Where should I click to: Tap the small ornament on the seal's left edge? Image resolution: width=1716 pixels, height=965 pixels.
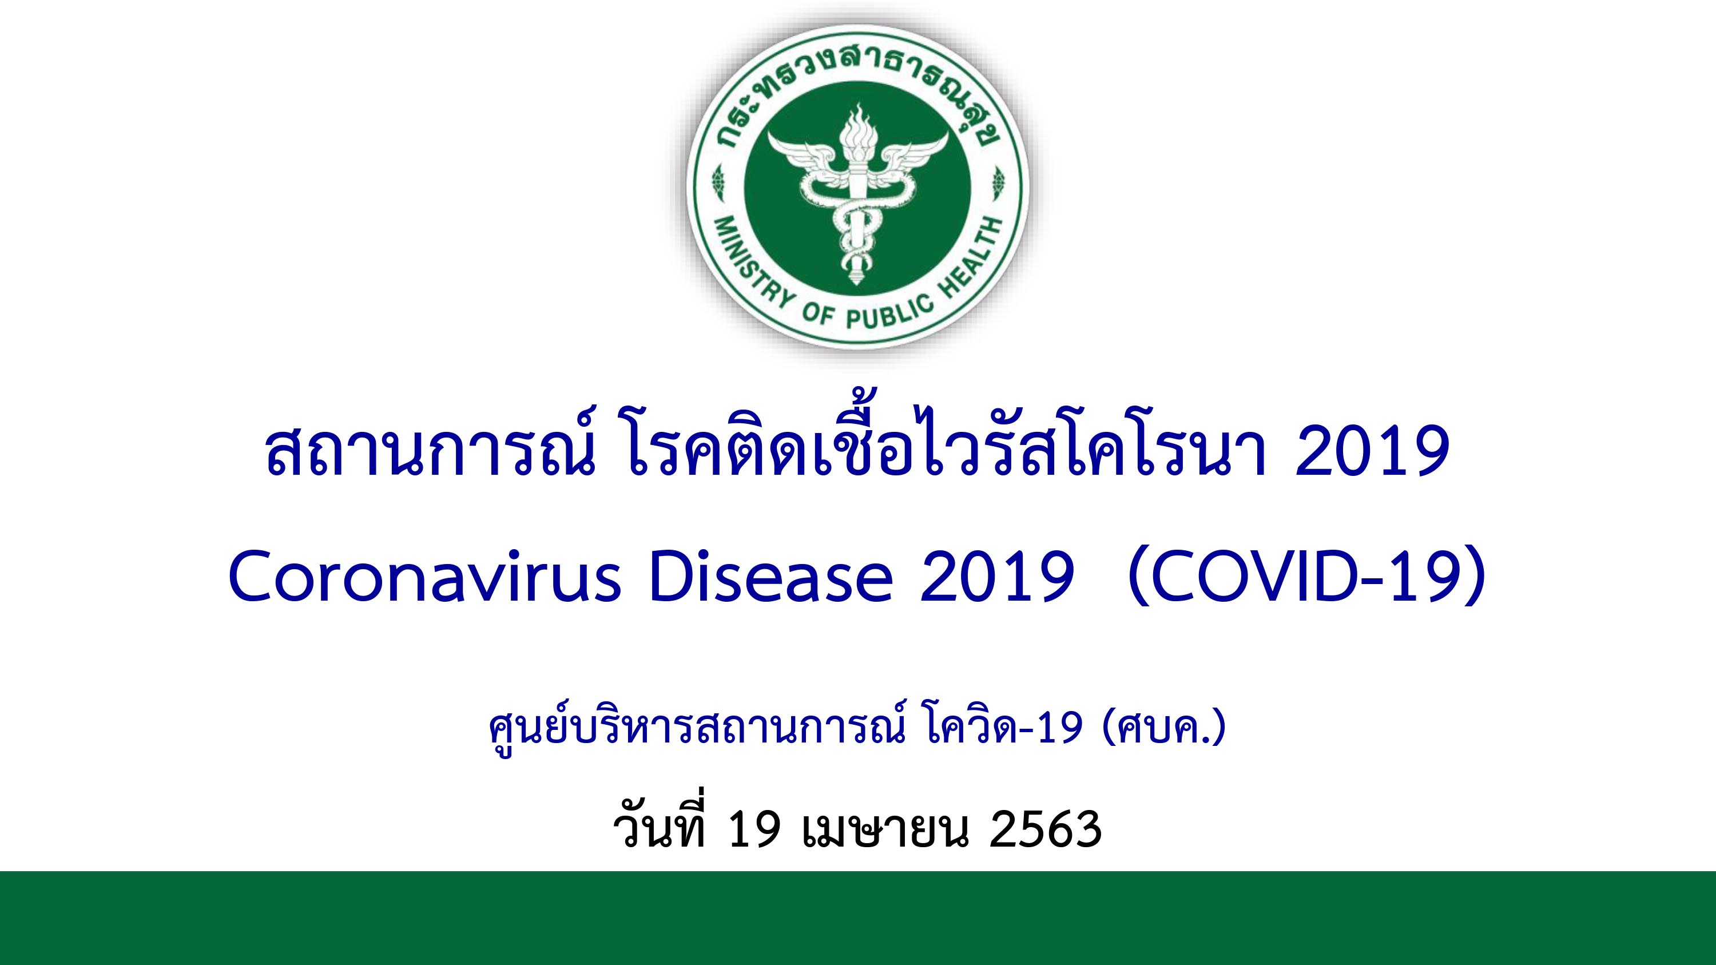tap(717, 182)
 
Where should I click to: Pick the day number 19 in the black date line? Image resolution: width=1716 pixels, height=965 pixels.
tap(754, 831)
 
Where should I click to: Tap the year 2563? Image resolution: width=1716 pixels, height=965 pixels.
tap(1045, 831)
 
